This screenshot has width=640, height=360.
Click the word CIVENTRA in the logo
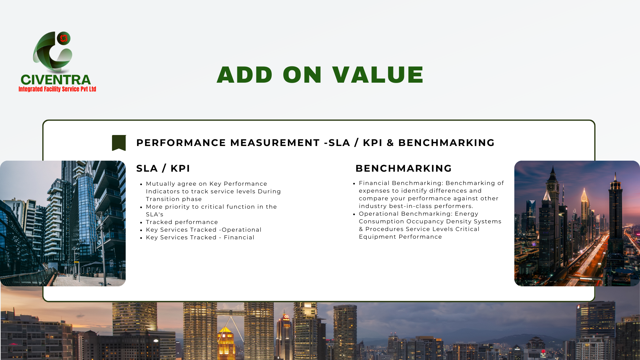56,80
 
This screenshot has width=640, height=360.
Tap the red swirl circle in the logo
64,38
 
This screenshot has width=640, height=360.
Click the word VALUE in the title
378,74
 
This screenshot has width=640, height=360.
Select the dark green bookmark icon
119,143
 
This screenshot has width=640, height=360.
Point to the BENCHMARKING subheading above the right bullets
403,168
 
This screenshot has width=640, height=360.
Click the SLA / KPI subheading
163,168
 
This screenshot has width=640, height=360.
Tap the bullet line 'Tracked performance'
182,222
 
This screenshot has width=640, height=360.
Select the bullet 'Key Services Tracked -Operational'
204,230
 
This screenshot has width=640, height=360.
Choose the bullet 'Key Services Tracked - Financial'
200,237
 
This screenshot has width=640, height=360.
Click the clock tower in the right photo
553,200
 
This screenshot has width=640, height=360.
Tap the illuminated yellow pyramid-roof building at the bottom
226,343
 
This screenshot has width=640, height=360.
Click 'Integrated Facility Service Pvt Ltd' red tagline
57,89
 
